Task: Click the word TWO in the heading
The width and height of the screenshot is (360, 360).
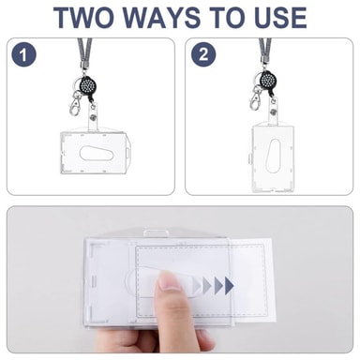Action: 84,17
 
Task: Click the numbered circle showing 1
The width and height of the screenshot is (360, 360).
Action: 24,54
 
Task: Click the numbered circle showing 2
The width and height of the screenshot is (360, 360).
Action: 203,54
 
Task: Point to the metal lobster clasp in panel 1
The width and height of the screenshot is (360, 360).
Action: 75,103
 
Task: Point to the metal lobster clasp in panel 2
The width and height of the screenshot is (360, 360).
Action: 255,98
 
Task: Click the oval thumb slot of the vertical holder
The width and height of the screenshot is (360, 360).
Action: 274,156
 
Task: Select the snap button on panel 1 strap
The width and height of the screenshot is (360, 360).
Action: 93,117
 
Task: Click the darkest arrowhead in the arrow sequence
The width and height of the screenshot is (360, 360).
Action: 229,285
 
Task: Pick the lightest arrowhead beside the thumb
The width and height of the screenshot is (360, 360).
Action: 197,285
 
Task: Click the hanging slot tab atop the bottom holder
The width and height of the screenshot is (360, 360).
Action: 156,233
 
